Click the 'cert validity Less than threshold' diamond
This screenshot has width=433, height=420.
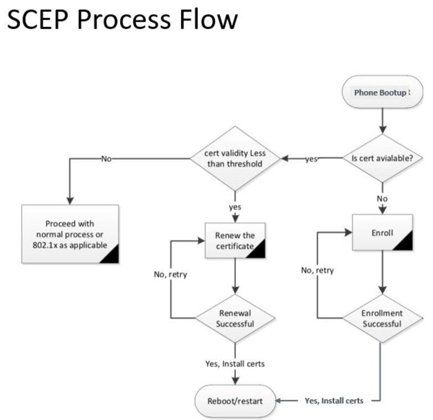[235, 159]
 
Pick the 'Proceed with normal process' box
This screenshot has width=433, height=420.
[70, 234]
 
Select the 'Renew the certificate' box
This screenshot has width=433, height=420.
[235, 240]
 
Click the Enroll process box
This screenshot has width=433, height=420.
[382, 233]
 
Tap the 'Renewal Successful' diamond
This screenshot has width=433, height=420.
[235, 319]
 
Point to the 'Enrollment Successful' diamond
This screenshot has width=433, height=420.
[382, 318]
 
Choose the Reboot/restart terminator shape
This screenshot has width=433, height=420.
[235, 401]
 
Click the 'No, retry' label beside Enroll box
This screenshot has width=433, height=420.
[317, 270]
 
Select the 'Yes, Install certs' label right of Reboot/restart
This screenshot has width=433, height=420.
[334, 401]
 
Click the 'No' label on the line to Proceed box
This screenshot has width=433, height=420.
[107, 159]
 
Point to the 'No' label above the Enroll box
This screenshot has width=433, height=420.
[382, 198]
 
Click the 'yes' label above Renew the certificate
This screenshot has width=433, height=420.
[235, 207]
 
